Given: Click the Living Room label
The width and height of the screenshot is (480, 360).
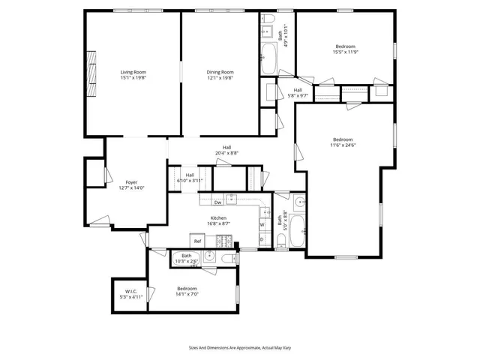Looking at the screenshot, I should [133, 72].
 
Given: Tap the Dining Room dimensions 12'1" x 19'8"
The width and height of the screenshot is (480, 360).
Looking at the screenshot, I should [220, 77].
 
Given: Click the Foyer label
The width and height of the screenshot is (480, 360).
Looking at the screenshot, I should [131, 182].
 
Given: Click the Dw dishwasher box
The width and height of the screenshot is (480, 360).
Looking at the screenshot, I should [217, 202].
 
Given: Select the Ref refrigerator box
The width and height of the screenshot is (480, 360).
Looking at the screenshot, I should [198, 241].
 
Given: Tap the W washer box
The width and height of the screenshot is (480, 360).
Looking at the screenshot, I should [262, 224].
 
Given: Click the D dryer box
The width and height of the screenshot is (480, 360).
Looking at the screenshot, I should [262, 239].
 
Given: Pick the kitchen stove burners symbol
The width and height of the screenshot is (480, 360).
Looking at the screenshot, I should [223, 240].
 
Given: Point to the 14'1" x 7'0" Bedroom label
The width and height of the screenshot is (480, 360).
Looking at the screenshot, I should [187, 291].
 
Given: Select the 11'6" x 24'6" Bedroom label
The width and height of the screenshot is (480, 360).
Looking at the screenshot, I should [343, 142].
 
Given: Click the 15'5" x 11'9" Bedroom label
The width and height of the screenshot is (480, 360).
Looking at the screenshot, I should [346, 49].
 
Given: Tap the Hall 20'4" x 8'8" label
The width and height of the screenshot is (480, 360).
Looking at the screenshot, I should [226, 149].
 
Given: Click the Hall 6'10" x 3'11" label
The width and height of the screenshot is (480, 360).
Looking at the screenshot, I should [190, 178].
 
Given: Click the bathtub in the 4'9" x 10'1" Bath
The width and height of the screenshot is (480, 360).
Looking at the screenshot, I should [268, 57].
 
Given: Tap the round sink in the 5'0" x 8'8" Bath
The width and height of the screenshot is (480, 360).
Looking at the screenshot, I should [299, 202].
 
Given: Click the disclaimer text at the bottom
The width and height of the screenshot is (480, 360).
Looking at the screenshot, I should [239, 348].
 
